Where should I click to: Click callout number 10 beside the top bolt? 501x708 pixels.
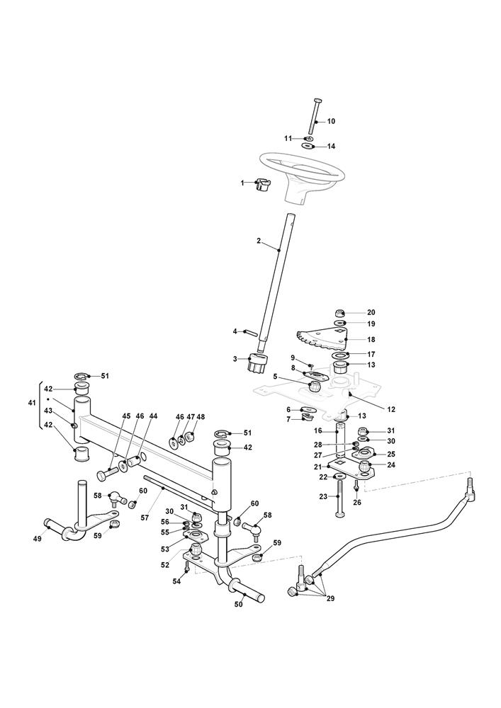331,121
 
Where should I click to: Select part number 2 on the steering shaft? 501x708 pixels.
259,241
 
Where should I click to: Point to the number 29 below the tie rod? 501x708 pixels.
330,598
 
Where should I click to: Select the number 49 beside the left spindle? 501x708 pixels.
37,539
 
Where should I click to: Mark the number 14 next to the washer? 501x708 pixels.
331,146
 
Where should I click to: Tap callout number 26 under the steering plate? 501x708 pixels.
357,502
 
